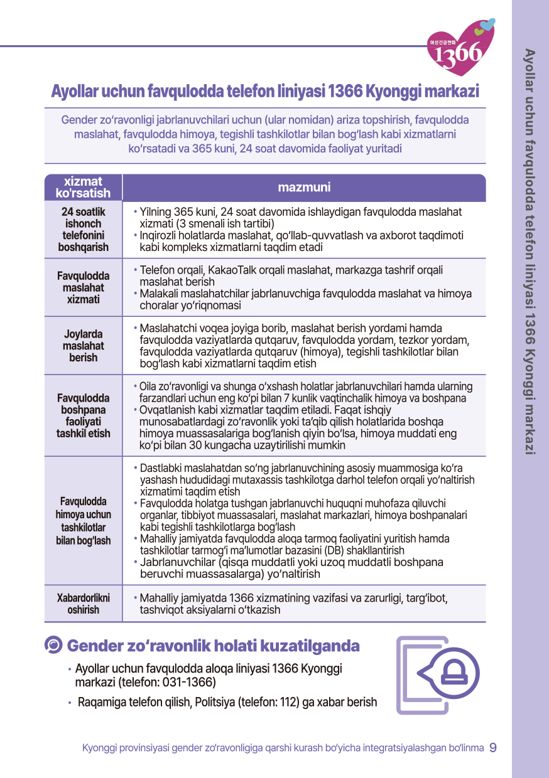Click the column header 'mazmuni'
[304, 188]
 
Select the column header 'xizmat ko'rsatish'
[83, 188]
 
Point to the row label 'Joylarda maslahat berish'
[84, 346]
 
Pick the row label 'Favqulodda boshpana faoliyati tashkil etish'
[84, 415]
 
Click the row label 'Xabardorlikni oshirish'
[84, 604]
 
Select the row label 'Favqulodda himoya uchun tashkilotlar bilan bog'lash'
[84, 521]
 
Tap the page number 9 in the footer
[493, 747]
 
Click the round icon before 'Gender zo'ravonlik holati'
[54, 645]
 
